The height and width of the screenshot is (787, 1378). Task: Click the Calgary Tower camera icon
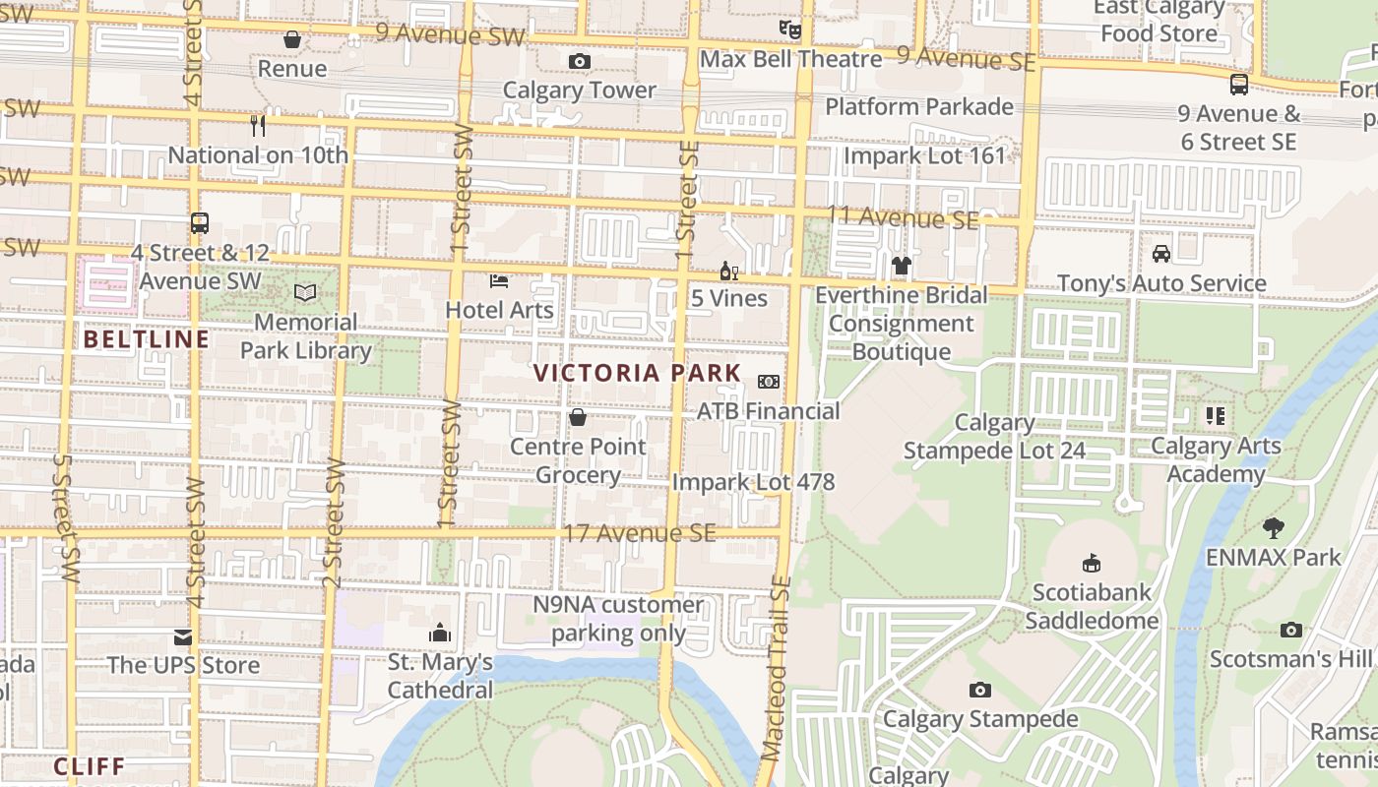tap(580, 62)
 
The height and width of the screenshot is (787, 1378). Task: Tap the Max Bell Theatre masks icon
tap(789, 30)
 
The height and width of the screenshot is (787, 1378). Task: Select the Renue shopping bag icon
tap(291, 39)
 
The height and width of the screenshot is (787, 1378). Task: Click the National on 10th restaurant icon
tap(258, 125)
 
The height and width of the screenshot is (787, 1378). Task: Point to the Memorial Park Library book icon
tap(305, 292)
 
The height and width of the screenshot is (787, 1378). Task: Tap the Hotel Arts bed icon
tap(499, 281)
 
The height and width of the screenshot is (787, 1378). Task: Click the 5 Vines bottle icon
tap(728, 271)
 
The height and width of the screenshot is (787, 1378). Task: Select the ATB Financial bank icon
tap(768, 382)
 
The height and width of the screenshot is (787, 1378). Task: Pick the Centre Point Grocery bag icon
tap(578, 417)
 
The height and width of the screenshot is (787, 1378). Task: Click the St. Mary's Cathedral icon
tap(440, 632)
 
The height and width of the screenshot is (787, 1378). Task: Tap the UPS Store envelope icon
tap(183, 636)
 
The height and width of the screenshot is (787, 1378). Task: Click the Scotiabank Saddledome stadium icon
tap(1091, 564)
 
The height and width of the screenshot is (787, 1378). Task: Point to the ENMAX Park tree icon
tap(1274, 528)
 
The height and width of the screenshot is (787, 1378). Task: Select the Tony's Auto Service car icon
tap(1161, 254)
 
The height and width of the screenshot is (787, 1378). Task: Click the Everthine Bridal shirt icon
tap(901, 266)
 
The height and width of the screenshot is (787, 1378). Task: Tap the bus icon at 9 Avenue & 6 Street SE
tap(1238, 85)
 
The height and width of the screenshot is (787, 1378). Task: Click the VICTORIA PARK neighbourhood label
tap(637, 374)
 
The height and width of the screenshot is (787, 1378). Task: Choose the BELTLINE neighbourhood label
tap(147, 340)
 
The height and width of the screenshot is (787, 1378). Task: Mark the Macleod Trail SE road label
tap(778, 669)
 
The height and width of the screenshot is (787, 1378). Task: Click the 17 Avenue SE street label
tap(639, 534)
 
